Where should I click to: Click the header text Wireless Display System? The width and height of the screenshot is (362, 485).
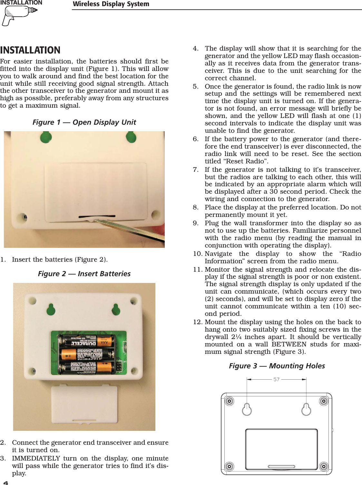(111, 4)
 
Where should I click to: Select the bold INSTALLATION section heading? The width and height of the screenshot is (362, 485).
(30, 50)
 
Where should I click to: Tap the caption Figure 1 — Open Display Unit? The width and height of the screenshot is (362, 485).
(84, 122)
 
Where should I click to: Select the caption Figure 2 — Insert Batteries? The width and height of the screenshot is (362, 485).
(84, 274)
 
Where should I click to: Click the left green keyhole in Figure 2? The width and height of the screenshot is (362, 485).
(51, 309)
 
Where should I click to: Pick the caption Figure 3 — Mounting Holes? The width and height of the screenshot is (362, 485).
(277, 366)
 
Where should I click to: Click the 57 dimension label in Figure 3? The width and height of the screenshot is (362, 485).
(276, 380)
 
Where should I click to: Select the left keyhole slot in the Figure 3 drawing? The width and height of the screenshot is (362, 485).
(247, 409)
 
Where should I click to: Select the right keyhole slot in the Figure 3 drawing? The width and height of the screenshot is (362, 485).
(306, 409)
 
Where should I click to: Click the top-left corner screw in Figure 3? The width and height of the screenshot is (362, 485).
(229, 401)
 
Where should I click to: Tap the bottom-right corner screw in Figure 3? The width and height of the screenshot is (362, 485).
(324, 466)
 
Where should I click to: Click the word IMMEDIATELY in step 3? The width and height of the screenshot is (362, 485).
(36, 458)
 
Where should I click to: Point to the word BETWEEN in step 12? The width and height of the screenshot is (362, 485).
(289, 344)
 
